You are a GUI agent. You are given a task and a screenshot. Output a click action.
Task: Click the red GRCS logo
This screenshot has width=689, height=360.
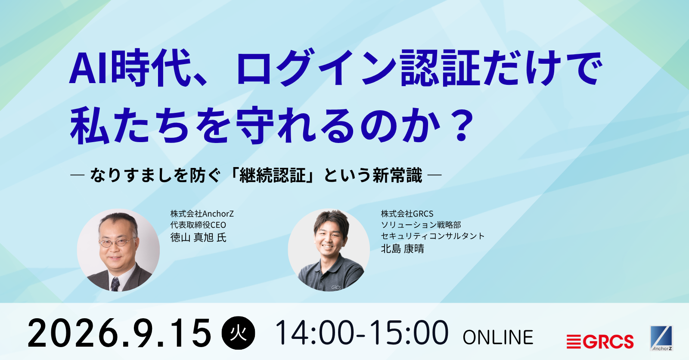pyautogui.click(x=600, y=341)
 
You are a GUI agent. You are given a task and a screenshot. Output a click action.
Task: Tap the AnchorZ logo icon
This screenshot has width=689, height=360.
pyautogui.click(x=661, y=338)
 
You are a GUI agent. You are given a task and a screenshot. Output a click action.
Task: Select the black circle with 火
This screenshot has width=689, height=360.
pyautogui.click(x=239, y=333)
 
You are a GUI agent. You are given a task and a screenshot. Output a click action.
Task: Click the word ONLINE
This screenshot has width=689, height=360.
pyautogui.click(x=498, y=337)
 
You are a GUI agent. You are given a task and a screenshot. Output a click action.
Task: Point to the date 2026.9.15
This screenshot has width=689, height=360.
pyautogui.click(x=119, y=333)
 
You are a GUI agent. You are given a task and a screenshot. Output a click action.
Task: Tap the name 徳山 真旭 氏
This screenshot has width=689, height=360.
pyautogui.click(x=199, y=238)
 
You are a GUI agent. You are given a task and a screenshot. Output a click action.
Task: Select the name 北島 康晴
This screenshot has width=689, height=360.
pyautogui.click(x=402, y=248)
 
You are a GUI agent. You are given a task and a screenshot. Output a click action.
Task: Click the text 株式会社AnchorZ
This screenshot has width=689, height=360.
pyautogui.click(x=202, y=214)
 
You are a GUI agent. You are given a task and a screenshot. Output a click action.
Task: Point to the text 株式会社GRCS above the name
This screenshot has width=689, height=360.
pyautogui.click(x=407, y=214)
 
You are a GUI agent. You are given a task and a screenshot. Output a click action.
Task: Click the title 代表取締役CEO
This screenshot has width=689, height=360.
pyautogui.click(x=198, y=225)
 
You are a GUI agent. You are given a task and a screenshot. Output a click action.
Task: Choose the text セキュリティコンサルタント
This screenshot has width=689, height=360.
pyautogui.click(x=433, y=236)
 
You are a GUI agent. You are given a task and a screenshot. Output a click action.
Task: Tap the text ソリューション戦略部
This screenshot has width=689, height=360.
pyautogui.click(x=421, y=225)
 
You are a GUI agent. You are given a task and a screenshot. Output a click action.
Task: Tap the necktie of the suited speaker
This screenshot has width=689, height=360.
pyautogui.click(x=115, y=284)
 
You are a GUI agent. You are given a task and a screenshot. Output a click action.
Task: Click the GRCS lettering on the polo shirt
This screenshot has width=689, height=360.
pyautogui.click(x=336, y=287)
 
